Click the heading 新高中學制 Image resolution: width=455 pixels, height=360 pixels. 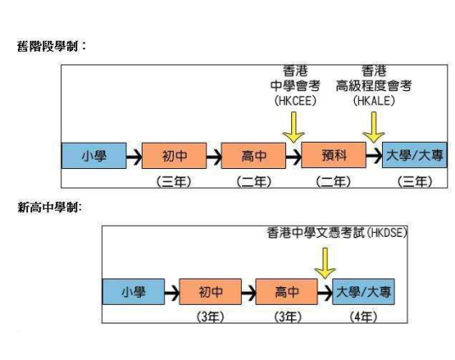pos(50,207)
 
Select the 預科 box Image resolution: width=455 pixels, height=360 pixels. pos(332,157)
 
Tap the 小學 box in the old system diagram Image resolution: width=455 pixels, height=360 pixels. pos(93,157)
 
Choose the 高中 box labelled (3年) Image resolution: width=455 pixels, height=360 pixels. pos(286,292)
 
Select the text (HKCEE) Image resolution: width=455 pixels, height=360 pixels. pos(294,99)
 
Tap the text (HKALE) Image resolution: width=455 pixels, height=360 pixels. pos(373,99)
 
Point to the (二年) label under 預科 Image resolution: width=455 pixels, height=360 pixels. pos(332,182)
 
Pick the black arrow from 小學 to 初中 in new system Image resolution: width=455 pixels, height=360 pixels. pos(169,292)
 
